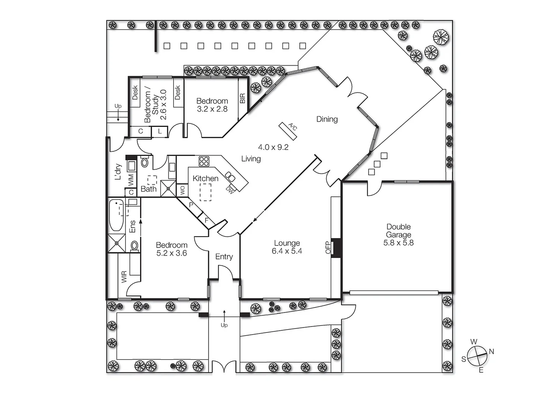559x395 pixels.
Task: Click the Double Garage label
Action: click(398, 234)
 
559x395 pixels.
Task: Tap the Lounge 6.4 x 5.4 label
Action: click(287, 247)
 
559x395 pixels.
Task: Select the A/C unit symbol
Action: click(288, 131)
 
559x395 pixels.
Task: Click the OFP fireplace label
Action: click(328, 248)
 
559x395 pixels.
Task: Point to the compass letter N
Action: click(491, 351)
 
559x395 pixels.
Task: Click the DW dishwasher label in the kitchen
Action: click(230, 189)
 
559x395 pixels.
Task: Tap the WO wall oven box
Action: click(182, 190)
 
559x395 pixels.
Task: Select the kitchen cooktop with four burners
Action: click(204, 161)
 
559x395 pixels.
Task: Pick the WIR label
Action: click(124, 277)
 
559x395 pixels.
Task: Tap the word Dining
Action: click(327, 119)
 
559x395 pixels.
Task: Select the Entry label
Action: click(224, 256)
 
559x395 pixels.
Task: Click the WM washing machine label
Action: click(131, 180)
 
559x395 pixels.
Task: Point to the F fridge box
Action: click(207, 221)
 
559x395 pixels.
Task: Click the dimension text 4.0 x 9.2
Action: click(273, 147)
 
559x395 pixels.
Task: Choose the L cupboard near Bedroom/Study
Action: click(160, 131)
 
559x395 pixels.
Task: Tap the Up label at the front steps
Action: click(224, 325)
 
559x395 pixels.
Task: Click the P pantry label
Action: click(191, 205)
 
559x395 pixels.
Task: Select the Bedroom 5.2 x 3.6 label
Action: click(171, 249)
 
